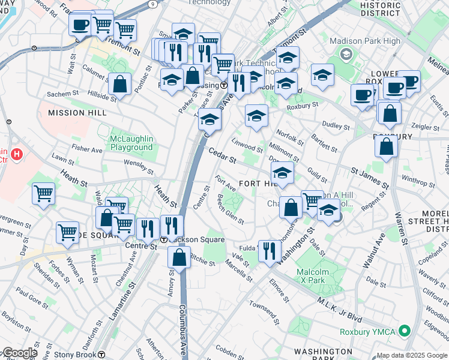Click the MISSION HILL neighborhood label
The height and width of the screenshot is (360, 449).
pyautogui.click(x=68, y=112)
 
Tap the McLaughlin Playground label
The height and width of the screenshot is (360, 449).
pyautogui.click(x=131, y=143)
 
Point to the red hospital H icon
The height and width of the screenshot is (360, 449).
pyautogui.click(x=17, y=155)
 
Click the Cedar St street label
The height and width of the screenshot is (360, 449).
pyautogui.click(x=222, y=155)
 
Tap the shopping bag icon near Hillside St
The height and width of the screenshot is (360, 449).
pyautogui.click(x=120, y=85)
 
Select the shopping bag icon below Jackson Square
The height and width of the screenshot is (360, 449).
pyautogui.click(x=179, y=259)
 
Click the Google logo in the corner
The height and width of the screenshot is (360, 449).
pyautogui.click(x=19, y=353)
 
